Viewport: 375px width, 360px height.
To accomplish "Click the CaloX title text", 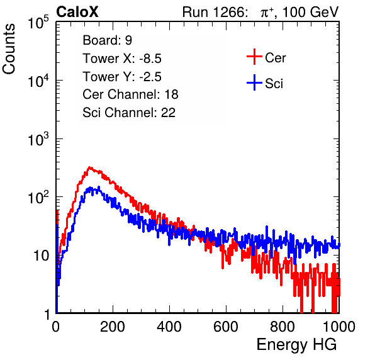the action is pos(77,12).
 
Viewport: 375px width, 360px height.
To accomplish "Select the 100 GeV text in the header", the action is pos(310,12).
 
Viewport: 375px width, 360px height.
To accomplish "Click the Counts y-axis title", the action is pos(9,48).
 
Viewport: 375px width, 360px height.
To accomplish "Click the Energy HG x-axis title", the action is pos(296,345).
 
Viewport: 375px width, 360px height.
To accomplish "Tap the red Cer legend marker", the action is pos(254,57).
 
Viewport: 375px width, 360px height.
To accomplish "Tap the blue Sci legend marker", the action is pos(254,82).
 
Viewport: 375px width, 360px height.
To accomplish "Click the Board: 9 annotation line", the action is pos(108,40).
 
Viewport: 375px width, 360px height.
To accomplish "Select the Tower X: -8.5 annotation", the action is pos(122,58).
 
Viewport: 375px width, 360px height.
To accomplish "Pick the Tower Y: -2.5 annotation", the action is pos(122,77).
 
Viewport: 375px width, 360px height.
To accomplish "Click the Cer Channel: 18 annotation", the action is pos(130,94).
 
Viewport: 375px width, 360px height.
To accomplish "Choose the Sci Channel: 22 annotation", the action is pos(129,113).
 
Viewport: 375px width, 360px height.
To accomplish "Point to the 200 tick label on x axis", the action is pos(113,327).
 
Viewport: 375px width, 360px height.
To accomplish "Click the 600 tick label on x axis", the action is pos(226,327).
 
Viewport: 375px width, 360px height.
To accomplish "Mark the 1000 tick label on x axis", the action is pos(339,327).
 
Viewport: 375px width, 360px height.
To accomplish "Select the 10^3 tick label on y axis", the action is pos(38,139).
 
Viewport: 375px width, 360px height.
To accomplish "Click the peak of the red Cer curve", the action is pos(89,167).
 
